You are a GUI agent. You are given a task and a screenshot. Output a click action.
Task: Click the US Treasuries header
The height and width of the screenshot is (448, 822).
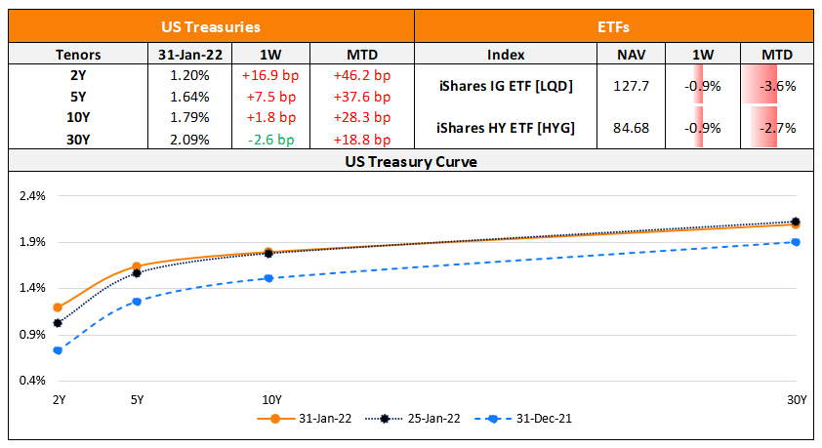click(x=211, y=27)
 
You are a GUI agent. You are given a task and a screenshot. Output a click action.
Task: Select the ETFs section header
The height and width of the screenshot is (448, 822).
click(x=614, y=27)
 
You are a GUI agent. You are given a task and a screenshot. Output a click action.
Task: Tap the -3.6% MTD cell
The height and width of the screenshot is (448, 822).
click(x=779, y=86)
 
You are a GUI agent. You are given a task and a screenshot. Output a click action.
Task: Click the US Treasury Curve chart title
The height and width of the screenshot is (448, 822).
click(x=410, y=161)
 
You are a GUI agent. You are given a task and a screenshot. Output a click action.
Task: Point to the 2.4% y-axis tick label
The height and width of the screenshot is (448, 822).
click(x=32, y=195)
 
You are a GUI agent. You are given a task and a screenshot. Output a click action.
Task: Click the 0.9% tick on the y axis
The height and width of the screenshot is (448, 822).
click(x=32, y=335)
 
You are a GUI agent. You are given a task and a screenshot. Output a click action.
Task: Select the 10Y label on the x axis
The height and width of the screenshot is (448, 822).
click(x=271, y=399)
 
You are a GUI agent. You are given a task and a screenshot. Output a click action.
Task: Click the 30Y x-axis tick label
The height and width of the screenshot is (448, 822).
click(x=797, y=399)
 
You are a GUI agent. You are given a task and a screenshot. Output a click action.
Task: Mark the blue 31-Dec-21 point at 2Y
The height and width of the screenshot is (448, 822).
click(x=59, y=349)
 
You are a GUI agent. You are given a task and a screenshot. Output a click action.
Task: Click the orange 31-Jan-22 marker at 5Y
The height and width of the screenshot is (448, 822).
click(x=137, y=266)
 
